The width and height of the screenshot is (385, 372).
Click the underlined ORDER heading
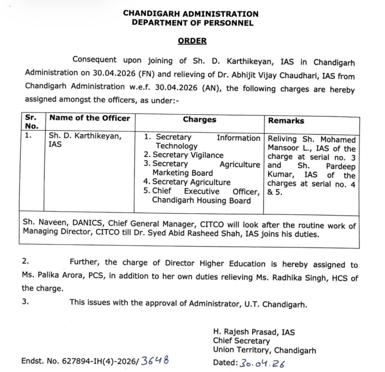coord(192,41)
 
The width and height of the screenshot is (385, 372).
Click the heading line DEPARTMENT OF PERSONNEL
coord(192,23)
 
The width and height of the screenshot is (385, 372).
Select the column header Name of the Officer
coord(89,118)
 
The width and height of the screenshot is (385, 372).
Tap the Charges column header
coord(200,119)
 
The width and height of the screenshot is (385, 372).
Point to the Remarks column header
coord(286,120)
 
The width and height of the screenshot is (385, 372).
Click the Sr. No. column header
coord(32,122)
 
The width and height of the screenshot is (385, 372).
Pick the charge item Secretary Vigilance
coord(188,155)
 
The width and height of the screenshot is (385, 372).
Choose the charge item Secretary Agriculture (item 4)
coord(191,182)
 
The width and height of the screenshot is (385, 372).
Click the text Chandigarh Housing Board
coord(201,200)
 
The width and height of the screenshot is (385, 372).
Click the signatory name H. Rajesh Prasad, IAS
coord(254,332)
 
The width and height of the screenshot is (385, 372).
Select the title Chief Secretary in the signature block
coord(241,341)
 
